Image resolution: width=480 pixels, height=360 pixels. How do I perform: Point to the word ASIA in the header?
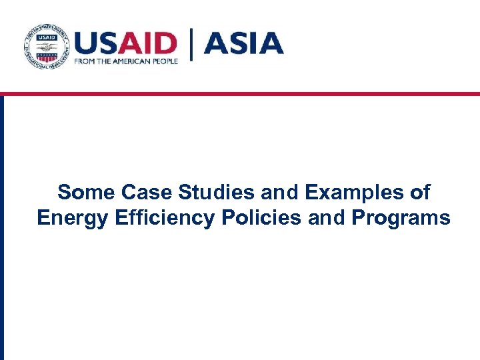(243, 43)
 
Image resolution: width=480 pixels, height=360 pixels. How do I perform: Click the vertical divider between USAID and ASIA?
(193, 45)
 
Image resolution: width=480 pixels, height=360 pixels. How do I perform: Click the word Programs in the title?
(398, 219)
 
